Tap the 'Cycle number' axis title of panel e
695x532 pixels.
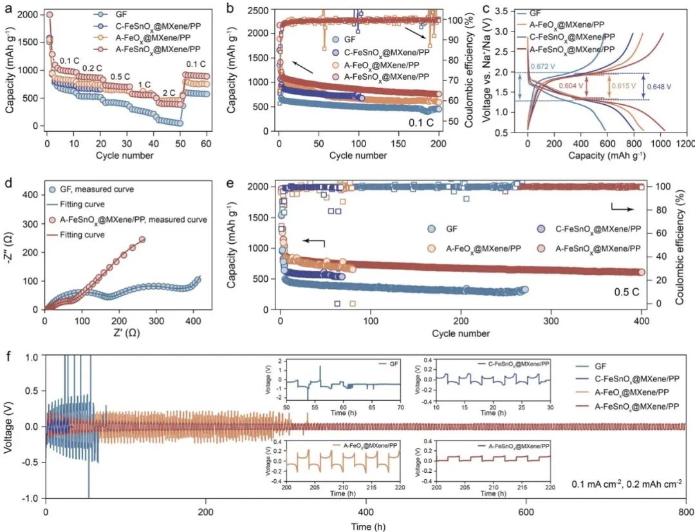point(461,333)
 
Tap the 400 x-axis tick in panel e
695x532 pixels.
point(642,319)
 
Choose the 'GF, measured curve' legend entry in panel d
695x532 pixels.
point(102,190)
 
